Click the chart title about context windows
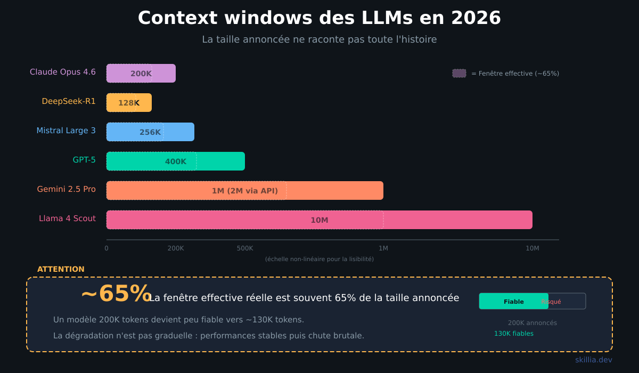pos(319,18)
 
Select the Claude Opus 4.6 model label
pos(63,72)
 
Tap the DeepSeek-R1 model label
pos(69,101)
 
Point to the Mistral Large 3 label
pos(66,131)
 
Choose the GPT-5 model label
pos(84,160)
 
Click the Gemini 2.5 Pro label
pos(66,189)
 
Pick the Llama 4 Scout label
pos(67,218)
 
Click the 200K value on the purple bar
pos(141,74)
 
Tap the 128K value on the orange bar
pos(129,103)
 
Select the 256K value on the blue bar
pos(150,132)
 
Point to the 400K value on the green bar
pos(176,161)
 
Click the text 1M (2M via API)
pos(245,191)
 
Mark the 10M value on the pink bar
pos(319,220)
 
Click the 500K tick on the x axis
pos(245,248)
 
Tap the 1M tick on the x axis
pos(383,248)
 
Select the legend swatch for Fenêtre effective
pos(459,74)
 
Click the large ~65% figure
pos(116,294)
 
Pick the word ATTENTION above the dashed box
pos(61,269)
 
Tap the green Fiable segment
pos(513,302)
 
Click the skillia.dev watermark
pos(593,360)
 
